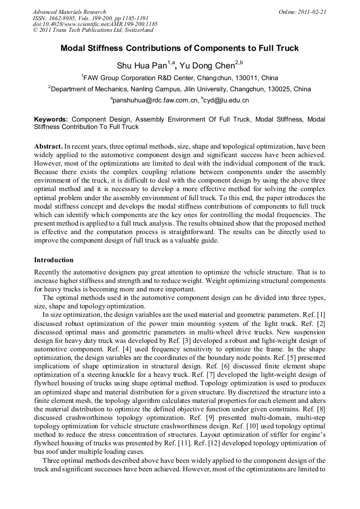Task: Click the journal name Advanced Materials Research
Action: pos(70,12)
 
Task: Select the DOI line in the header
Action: pos(95,24)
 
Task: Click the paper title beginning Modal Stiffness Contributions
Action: pos(179,48)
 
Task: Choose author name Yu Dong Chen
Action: pos(208,66)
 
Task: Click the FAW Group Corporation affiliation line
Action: pos(179,77)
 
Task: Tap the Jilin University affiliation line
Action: pos(179,89)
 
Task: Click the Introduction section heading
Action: pos(54,260)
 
